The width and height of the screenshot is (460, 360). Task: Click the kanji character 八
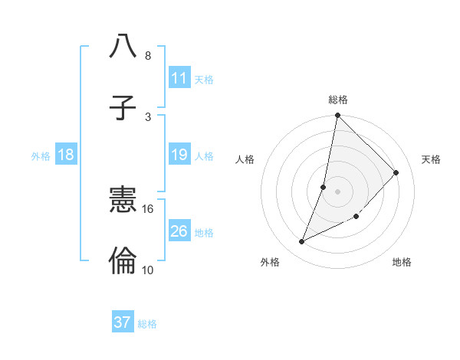coord(123,47)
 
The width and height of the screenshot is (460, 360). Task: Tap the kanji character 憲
coord(123,200)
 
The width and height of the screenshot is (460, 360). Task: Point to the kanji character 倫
coord(123,261)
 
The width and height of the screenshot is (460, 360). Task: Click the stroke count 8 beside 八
coord(147,56)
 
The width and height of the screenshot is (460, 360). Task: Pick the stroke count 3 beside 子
coord(147,116)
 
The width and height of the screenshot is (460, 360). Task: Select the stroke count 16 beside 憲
coord(148,208)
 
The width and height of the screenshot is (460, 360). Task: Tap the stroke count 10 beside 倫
coord(148,270)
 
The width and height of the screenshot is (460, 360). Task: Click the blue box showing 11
coord(179,78)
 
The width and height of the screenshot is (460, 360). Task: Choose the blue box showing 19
coord(179,155)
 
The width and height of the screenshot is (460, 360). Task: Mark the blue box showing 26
coord(179,231)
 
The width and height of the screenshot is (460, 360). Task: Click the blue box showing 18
coord(66,155)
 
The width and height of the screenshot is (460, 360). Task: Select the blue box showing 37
coord(123,322)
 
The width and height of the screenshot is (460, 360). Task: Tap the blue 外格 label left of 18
coord(41,156)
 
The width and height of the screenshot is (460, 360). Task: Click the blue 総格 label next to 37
coord(147,324)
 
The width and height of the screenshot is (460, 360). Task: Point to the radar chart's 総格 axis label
coord(338,100)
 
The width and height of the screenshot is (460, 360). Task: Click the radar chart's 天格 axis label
coord(431,159)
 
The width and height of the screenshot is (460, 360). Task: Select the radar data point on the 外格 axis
coord(302,242)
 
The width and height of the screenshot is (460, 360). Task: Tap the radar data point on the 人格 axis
coord(324,187)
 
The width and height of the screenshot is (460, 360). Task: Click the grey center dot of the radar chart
coord(338,191)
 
